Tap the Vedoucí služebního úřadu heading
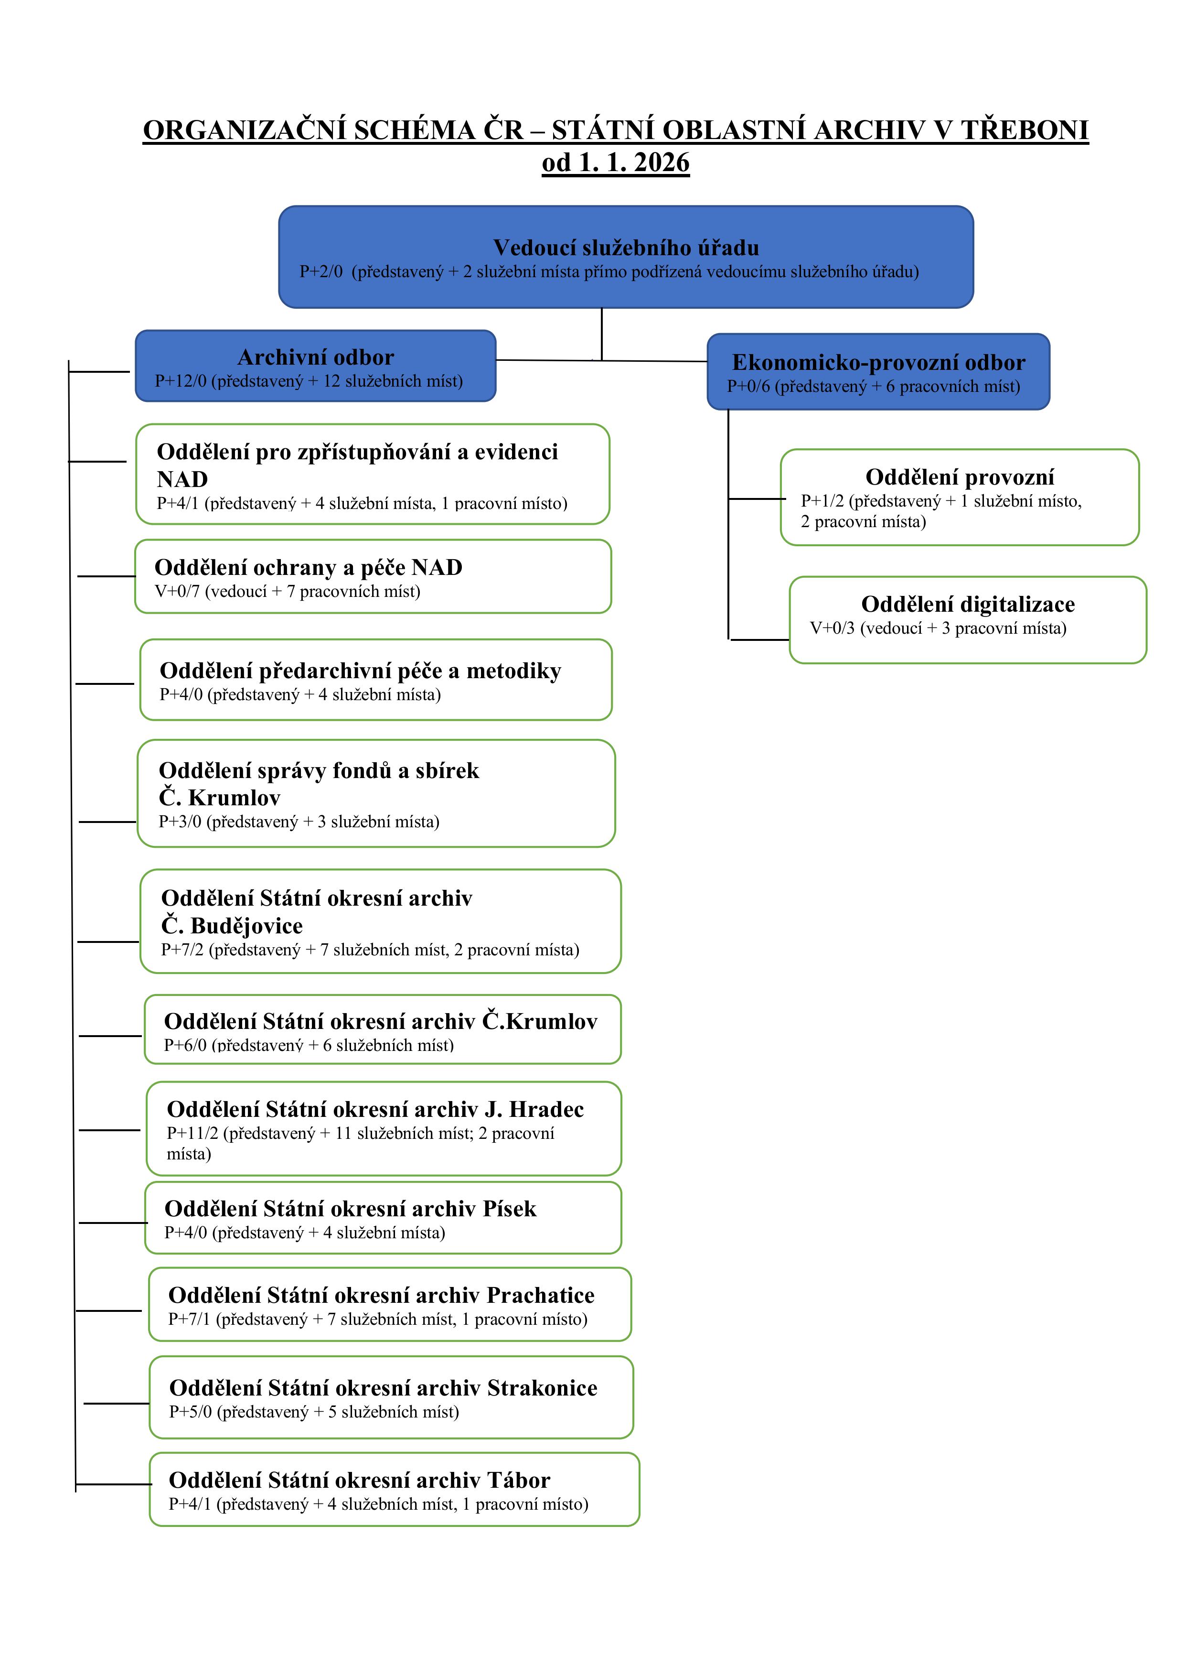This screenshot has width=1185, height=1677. (626, 248)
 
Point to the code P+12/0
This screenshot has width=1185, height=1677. (181, 381)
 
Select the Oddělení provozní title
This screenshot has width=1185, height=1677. (960, 477)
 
